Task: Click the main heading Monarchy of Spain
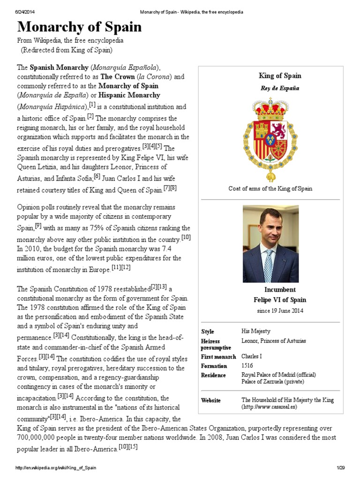point(79,27)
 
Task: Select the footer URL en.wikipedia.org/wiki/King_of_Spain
point(56,468)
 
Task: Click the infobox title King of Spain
point(280,75)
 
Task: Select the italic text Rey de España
point(280,88)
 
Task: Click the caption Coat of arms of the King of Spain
point(270,188)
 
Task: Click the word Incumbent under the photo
point(280,290)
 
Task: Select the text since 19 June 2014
point(280,310)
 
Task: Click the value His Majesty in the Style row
point(256,331)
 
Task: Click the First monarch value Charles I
point(251,357)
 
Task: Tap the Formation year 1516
point(247,366)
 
